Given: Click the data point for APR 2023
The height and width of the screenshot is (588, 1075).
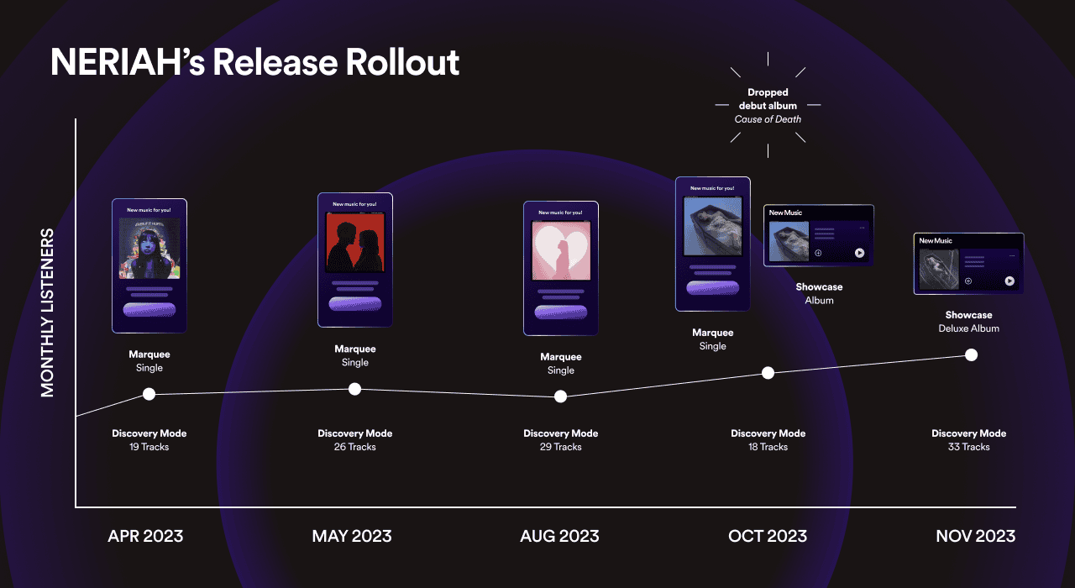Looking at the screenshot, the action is click(x=149, y=394).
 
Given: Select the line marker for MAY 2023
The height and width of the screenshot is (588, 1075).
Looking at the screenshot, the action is click(x=355, y=389).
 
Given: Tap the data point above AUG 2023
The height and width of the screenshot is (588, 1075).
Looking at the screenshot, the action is click(x=561, y=396).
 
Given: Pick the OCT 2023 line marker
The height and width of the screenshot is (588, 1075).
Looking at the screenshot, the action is click(x=768, y=373).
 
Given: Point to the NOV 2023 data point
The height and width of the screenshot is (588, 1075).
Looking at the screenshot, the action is click(x=972, y=354).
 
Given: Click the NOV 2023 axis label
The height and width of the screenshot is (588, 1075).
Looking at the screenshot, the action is click(x=975, y=536).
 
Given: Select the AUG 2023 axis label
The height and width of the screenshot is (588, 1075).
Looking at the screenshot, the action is click(x=560, y=536).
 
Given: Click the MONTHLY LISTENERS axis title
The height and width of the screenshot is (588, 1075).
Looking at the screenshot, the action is click(x=48, y=312).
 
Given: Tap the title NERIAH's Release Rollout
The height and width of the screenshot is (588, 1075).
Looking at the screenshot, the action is click(x=254, y=63).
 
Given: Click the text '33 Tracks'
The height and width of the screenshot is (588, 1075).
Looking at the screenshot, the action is click(x=968, y=447).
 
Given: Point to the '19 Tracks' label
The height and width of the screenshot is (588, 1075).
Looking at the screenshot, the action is click(x=149, y=447).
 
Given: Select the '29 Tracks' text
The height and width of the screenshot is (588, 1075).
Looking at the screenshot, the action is click(x=560, y=447).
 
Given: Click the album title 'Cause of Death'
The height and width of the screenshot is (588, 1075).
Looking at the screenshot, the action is click(x=768, y=119).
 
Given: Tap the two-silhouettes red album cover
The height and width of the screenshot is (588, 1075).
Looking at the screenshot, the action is click(x=354, y=242).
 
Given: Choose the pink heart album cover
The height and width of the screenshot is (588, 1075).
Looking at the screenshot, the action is click(x=561, y=251).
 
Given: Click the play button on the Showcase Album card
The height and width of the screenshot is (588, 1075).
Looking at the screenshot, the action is click(x=859, y=253).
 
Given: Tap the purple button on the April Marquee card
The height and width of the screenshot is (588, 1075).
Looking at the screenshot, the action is click(x=149, y=309).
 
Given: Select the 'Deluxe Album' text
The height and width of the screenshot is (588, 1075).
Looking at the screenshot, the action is click(x=968, y=328).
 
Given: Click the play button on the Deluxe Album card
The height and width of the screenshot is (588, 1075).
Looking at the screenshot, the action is click(x=1009, y=281).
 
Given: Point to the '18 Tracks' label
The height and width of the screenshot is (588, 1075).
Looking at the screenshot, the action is click(x=768, y=447).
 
